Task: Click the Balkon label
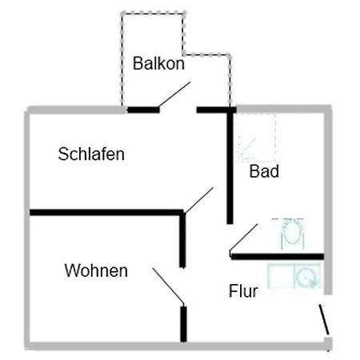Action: (158, 63)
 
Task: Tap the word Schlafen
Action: (91, 154)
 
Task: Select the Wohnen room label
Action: (96, 270)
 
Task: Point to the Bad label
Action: (264, 171)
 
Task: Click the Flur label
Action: (243, 290)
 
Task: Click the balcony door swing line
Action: (174, 94)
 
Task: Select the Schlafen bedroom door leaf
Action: (198, 200)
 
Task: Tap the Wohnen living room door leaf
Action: (168, 286)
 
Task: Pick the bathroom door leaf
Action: (243, 238)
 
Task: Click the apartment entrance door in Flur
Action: (324, 319)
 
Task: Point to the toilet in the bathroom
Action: (292, 234)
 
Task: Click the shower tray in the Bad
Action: (255, 138)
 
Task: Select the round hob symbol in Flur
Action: (308, 276)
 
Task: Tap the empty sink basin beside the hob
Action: (281, 276)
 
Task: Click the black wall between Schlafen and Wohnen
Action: (106, 213)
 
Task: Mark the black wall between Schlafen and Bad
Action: (230, 166)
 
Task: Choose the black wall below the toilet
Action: (278, 257)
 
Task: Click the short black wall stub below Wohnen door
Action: (183, 324)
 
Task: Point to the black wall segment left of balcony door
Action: (143, 110)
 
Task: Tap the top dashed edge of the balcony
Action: (154, 13)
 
